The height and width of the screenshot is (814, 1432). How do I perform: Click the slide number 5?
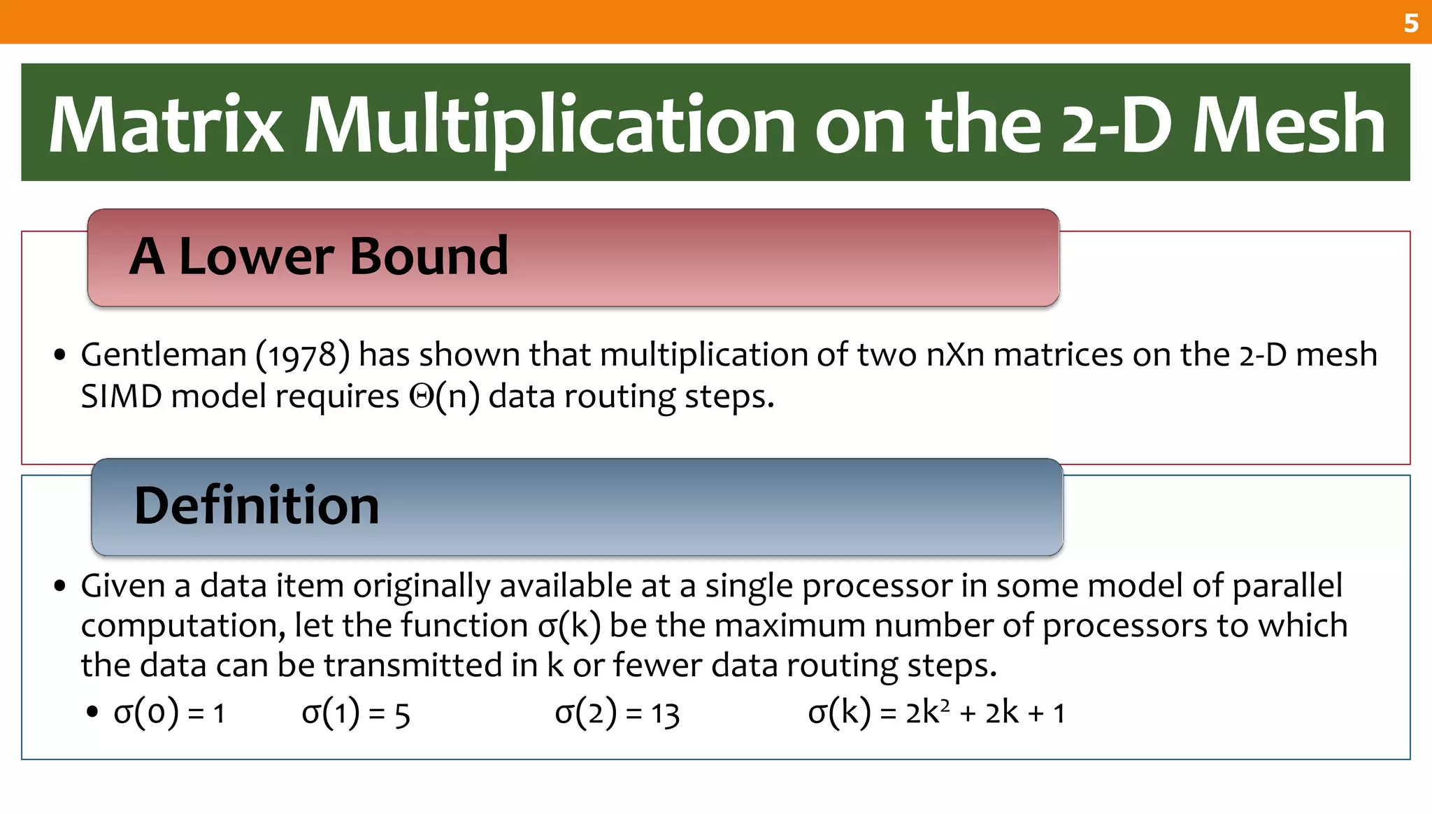point(1410,23)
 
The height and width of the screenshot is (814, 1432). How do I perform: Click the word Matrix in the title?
point(166,124)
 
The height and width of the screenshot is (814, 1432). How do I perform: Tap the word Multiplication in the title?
point(549,124)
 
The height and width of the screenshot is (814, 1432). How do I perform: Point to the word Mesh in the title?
point(1288,124)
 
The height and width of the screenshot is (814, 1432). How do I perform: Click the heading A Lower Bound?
point(319,256)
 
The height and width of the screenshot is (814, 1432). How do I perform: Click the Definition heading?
point(257,505)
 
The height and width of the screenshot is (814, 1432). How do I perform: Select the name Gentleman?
point(164,355)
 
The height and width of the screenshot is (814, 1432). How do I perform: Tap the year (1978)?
point(302,355)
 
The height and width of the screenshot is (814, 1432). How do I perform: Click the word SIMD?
point(122,397)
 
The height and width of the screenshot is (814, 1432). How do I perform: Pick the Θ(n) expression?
point(445,397)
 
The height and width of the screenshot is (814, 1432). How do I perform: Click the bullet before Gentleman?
point(60,355)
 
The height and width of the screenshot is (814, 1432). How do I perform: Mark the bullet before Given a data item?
point(60,586)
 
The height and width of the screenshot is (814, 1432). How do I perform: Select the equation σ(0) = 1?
point(169,713)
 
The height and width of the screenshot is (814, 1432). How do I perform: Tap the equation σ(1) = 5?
point(355,713)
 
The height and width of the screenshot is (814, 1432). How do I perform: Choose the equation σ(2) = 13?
point(617,713)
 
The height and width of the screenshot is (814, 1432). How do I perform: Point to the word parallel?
point(1287,585)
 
